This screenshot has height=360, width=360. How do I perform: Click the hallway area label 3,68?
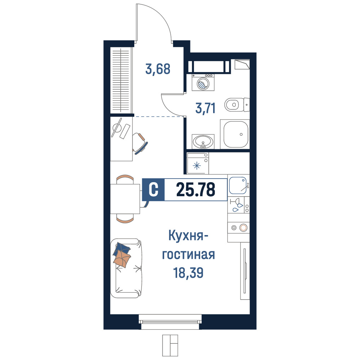click(158, 69)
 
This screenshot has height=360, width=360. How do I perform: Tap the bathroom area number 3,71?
click(206, 108)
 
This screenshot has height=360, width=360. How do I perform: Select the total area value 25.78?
click(195, 190)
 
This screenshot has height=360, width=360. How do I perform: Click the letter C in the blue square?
click(153, 190)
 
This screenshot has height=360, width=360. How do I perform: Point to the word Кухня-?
click(188, 236)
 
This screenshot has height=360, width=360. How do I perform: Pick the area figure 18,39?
click(188, 273)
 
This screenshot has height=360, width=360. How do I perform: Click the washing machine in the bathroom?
click(203, 82)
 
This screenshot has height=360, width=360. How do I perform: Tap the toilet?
click(237, 105)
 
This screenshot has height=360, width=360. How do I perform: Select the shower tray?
click(235, 134)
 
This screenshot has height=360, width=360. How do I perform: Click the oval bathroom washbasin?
click(203, 141)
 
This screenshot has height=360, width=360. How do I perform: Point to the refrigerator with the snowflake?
click(198, 163)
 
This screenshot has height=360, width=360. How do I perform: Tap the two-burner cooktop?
click(238, 228)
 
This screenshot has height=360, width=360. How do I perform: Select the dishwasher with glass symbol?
click(238, 205)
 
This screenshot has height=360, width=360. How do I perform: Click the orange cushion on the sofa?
click(122, 259)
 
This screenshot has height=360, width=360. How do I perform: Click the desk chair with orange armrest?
click(140, 143)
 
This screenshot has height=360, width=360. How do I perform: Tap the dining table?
click(125, 199)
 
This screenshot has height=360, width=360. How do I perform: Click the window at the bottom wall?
click(170, 322)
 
